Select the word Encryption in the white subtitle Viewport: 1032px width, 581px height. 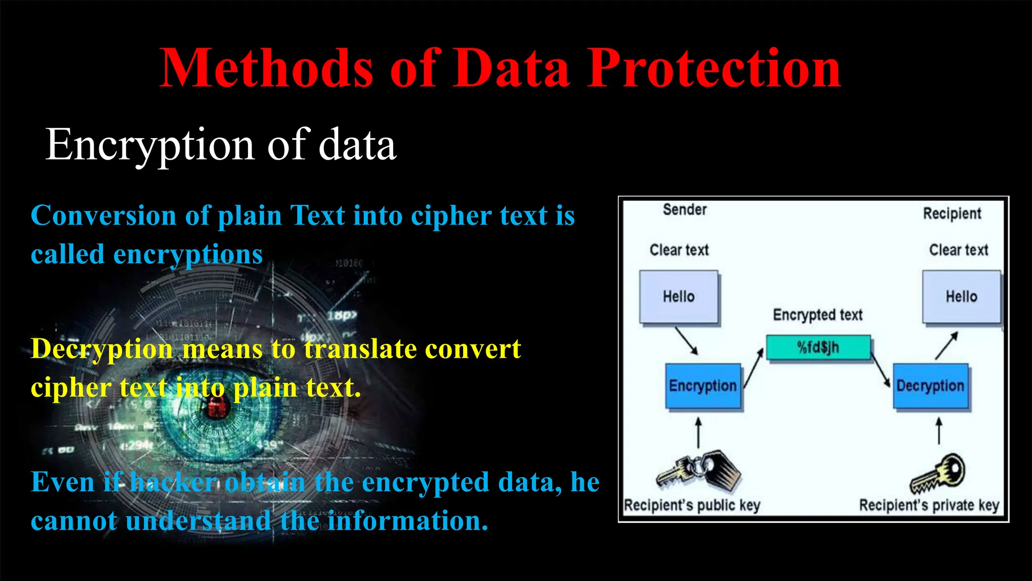point(150,145)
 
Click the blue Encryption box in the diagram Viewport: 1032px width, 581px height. point(703,386)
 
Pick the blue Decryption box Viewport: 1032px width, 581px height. point(930,386)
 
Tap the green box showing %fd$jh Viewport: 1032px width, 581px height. point(818,347)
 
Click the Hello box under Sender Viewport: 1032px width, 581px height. point(679,297)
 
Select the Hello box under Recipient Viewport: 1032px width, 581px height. point(961,297)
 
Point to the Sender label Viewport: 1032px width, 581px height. point(684,209)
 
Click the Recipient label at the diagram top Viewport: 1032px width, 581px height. point(952,213)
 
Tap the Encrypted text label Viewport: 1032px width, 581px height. point(817,315)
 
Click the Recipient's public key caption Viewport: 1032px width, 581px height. point(692,505)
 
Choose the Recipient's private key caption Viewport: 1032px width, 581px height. point(929,505)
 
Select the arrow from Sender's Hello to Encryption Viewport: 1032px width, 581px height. point(686,341)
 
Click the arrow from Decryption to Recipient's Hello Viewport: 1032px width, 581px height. point(946,345)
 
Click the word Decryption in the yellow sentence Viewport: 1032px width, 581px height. point(101,349)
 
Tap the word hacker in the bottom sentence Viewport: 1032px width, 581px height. point(173,482)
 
